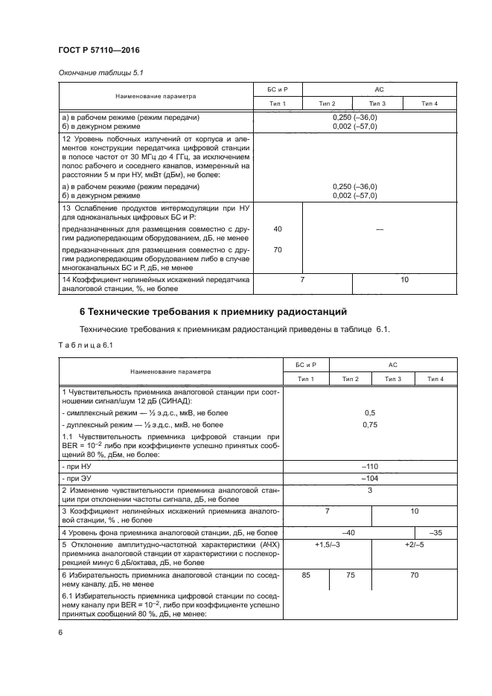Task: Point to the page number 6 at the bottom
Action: click(x=60, y=632)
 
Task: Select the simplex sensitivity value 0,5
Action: click(x=369, y=412)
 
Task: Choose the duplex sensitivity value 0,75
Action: click(x=369, y=424)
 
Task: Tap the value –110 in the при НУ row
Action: click(x=369, y=466)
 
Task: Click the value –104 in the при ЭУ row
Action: click(x=369, y=478)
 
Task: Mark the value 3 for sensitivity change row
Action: click(x=369, y=491)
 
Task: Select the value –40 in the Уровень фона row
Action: click(x=347, y=532)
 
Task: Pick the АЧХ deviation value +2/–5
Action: click(x=415, y=546)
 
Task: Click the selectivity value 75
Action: click(x=351, y=575)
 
